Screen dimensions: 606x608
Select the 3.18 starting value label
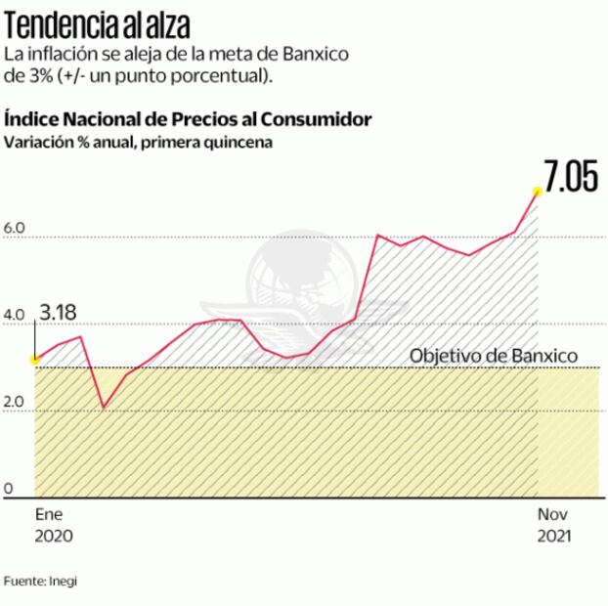coord(57,314)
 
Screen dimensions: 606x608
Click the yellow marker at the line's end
coord(537,191)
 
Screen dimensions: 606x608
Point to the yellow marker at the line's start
coord(35,359)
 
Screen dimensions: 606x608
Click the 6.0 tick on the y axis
coord(15,229)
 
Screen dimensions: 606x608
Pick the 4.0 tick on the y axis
coord(15,315)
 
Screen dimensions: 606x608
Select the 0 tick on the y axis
coord(8,488)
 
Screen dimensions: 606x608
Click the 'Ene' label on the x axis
coord(48,514)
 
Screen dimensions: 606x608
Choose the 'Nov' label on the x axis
coord(552,514)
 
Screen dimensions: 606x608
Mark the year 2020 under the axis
coord(54,537)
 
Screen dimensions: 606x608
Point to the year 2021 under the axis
coord(554,537)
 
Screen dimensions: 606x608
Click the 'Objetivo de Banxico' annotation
coord(494,356)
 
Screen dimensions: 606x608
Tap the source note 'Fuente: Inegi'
coord(40,581)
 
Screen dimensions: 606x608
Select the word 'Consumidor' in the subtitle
coord(322,119)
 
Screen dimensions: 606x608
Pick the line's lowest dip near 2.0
coord(104,407)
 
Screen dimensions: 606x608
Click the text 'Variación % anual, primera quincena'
coord(138,142)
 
